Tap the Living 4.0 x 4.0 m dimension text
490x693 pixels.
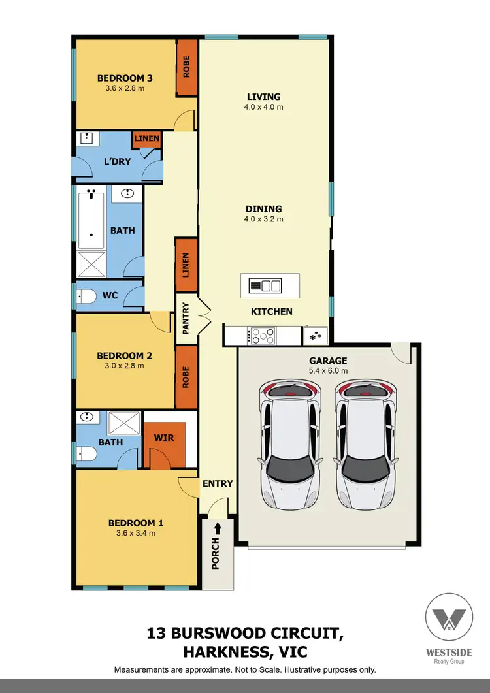[264, 107]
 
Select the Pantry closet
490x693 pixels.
[186, 318]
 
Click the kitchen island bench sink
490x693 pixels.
[270, 285]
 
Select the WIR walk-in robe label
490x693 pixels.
[164, 437]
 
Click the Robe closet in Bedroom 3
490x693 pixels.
[186, 68]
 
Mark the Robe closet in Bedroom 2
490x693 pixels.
[186, 377]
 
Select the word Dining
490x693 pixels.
[263, 209]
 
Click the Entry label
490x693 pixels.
[218, 483]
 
